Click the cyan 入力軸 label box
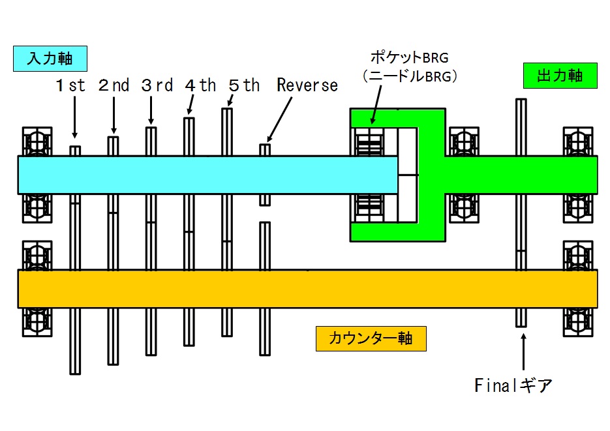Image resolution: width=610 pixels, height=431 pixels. point(49,58)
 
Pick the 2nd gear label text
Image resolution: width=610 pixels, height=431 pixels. point(114,85)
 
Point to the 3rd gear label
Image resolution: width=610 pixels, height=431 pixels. point(157,85)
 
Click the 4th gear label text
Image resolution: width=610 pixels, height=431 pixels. point(200,85)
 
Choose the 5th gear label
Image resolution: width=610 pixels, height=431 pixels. point(244,85)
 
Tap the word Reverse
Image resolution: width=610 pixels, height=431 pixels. point(307,85)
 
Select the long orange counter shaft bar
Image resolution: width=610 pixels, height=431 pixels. point(307,289)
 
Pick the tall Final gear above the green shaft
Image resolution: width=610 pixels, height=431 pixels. point(521,127)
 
